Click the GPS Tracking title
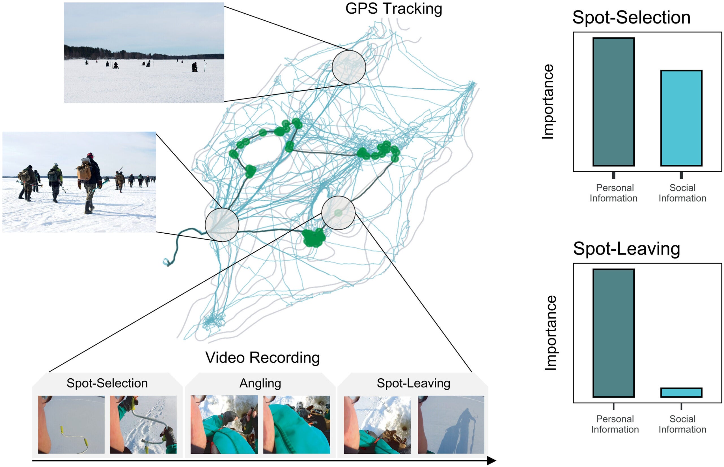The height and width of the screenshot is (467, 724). pyautogui.click(x=393, y=8)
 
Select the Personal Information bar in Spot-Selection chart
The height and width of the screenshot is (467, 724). pyautogui.click(x=613, y=102)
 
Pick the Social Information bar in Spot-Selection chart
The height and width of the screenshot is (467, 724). pyautogui.click(x=681, y=118)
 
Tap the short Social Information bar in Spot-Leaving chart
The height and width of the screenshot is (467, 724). pyautogui.click(x=681, y=393)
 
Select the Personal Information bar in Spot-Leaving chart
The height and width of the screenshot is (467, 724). pyautogui.click(x=613, y=333)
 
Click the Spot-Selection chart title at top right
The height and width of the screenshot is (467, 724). pyautogui.click(x=631, y=17)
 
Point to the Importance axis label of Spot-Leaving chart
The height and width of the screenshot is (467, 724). pyautogui.click(x=550, y=333)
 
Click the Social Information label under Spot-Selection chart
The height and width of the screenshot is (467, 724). pyautogui.click(x=682, y=193)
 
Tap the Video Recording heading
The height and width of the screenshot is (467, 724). pyautogui.click(x=262, y=357)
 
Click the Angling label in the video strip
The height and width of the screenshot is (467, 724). pyautogui.click(x=260, y=383)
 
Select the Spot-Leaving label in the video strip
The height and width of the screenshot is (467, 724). pyautogui.click(x=413, y=383)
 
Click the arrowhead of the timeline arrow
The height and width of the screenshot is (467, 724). pyautogui.click(x=492, y=461)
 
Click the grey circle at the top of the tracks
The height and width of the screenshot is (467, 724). pyautogui.click(x=348, y=67)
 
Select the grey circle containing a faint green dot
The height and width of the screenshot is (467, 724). pyautogui.click(x=338, y=213)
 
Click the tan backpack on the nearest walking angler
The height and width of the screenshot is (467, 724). pyautogui.click(x=84, y=172)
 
